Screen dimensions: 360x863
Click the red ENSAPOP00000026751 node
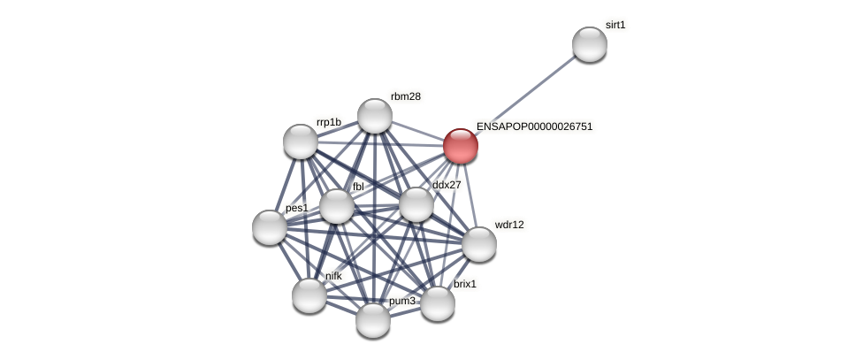(461, 146)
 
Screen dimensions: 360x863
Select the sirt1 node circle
(590, 44)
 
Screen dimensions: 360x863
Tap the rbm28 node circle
(375, 116)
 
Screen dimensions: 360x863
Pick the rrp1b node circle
(301, 142)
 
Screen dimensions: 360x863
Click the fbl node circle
(336, 206)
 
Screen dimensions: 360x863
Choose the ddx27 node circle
(416, 204)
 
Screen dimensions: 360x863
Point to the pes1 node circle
(270, 227)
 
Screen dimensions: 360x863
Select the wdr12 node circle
(479, 244)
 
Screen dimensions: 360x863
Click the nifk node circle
(309, 295)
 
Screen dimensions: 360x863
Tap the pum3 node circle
(373, 319)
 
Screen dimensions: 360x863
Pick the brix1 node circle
(438, 303)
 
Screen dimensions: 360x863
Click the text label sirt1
(615, 25)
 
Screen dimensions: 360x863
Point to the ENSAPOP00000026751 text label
(534, 126)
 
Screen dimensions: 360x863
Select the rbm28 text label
(405, 96)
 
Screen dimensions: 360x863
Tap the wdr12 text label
(508, 225)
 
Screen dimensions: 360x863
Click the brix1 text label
(465, 284)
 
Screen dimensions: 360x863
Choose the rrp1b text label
(328, 122)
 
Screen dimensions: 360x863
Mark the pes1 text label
(297, 208)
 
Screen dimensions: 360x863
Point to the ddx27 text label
(447, 185)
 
